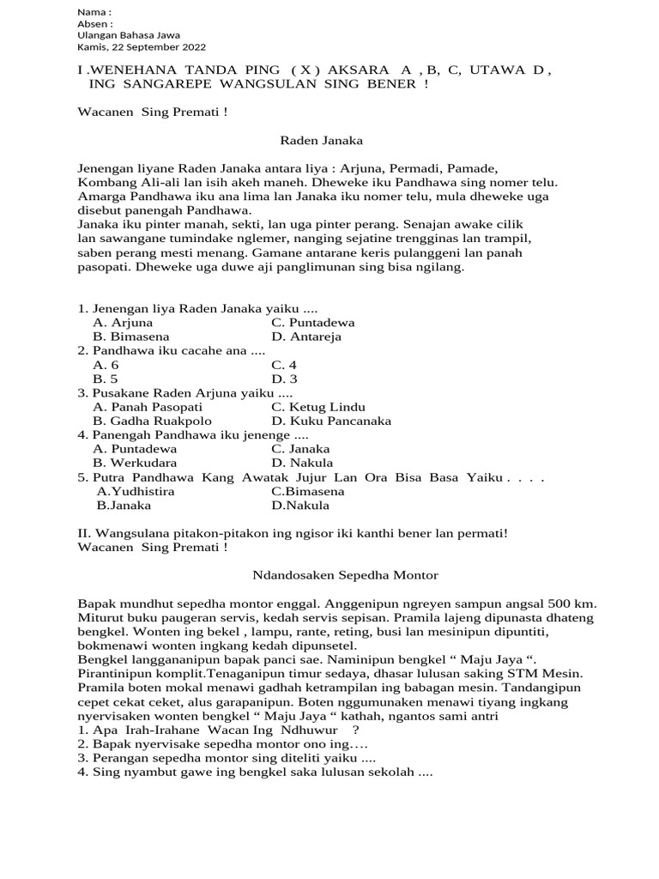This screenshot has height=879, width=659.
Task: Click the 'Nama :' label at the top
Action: pos(94,12)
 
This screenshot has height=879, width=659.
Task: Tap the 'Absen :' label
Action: pos(95,24)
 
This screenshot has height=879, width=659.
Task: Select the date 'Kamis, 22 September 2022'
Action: pos(142,47)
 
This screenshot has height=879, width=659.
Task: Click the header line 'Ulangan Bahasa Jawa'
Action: pos(129,35)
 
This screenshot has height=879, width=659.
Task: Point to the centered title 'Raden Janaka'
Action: pos(322,140)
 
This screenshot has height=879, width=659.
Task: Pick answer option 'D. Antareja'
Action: pos(306,336)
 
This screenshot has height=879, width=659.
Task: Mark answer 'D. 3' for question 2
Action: pos(284,379)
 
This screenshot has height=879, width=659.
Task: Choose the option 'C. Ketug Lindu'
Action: pos(317,407)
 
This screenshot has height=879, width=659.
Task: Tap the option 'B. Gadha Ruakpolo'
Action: pos(148,421)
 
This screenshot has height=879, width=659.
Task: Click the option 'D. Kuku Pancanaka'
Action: pos(331,421)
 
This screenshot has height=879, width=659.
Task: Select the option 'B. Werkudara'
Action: pos(135,463)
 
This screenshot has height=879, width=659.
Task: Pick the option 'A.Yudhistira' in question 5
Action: pos(136,491)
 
